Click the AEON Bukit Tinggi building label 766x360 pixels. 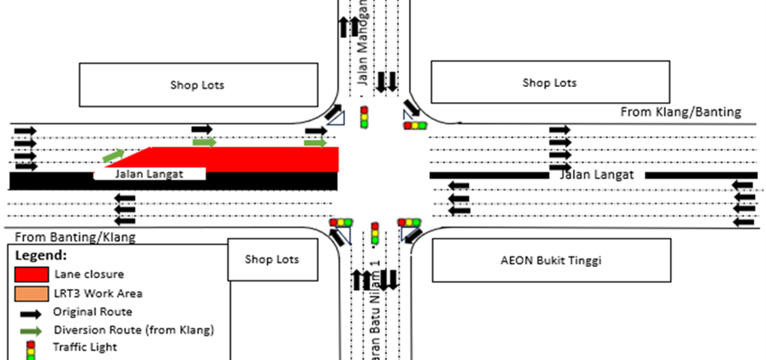click(551, 261)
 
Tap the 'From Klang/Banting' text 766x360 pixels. click(680, 112)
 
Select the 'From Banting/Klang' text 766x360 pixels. click(75, 238)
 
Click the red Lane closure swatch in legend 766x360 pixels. click(31, 274)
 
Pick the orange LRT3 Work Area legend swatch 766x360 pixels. click(31, 293)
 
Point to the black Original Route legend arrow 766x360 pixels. click(31, 312)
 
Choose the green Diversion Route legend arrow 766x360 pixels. click(31, 330)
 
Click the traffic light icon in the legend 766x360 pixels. click(31, 349)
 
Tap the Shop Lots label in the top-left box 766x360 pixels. click(197, 85)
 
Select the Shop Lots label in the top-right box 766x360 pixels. click(549, 82)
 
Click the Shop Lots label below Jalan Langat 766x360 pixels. click(272, 259)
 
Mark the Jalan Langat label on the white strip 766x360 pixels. click(149, 174)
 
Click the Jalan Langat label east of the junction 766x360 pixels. click(596, 175)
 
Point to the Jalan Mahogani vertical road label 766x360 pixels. click(362, 41)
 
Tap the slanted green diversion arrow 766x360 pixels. click(113, 155)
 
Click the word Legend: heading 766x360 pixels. click(41, 255)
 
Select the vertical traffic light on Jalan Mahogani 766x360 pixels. click(365, 118)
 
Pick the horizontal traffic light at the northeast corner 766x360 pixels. click(415, 125)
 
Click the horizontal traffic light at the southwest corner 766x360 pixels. click(341, 223)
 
